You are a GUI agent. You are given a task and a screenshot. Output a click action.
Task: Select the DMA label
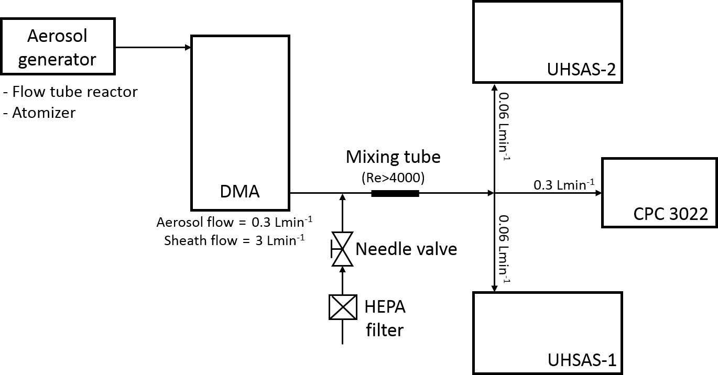(240, 192)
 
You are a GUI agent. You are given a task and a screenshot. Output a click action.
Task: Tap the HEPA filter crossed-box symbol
(342, 307)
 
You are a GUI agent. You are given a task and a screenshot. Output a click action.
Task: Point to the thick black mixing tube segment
(395, 193)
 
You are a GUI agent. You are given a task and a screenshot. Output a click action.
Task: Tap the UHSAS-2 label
(581, 69)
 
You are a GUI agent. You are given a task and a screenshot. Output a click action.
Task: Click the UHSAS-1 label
(581, 360)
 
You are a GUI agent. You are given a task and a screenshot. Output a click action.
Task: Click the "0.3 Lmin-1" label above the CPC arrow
(564, 184)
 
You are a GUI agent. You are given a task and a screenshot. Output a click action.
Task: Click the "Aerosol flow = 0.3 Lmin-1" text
(234, 222)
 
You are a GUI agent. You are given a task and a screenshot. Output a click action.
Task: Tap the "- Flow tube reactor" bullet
(70, 92)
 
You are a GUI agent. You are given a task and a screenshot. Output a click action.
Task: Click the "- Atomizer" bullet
(39, 112)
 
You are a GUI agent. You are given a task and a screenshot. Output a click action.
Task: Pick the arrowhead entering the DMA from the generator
(188, 48)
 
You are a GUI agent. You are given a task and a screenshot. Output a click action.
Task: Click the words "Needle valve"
(406, 249)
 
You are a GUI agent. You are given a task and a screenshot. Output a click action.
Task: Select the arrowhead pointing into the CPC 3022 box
(598, 193)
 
